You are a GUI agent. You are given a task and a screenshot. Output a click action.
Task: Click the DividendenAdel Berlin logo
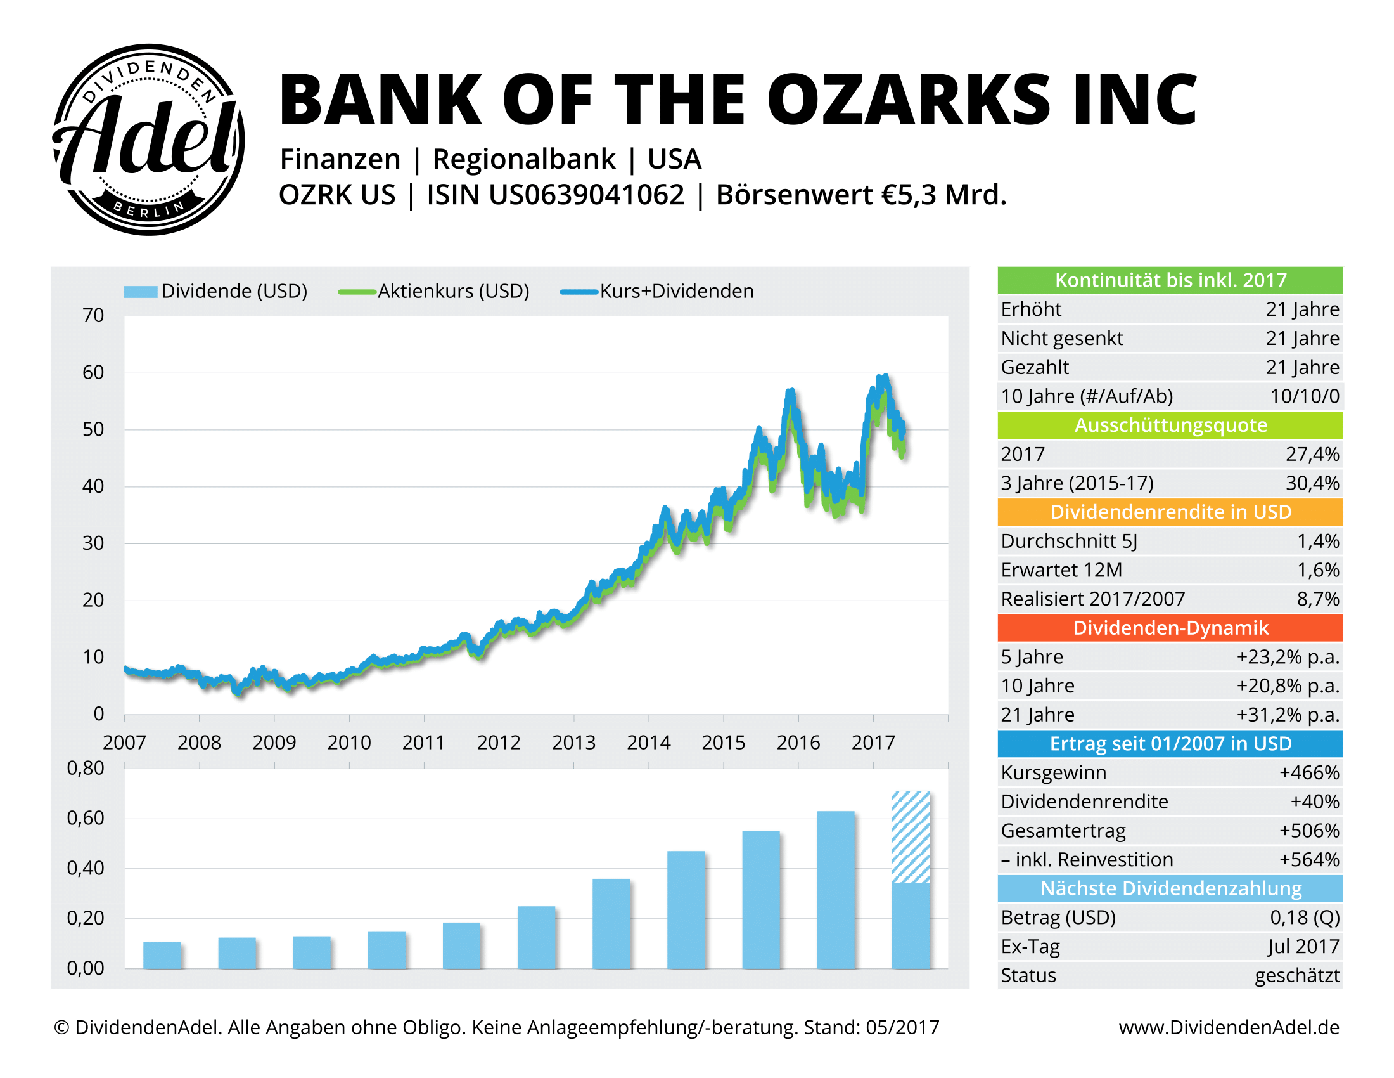point(148,140)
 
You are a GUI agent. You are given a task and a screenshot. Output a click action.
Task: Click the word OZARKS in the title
point(907,100)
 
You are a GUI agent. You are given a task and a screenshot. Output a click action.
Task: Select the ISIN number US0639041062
point(587,195)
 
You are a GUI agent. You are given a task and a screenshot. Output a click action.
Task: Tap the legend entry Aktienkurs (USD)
point(453,291)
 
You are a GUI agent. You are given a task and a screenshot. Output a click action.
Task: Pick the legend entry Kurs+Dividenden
point(676,291)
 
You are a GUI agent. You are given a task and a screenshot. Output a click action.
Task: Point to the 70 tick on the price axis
point(93,316)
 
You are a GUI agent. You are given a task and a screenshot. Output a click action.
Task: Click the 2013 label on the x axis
point(573,742)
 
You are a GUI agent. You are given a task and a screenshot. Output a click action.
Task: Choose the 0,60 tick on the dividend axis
point(86,818)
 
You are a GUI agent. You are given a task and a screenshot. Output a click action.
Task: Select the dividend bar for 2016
point(836,889)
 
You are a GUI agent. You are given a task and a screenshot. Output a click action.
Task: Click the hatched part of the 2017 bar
point(910,836)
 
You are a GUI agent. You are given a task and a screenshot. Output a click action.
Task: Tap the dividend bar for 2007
point(162,955)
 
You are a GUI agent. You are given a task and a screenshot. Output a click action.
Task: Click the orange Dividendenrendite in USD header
point(1170,512)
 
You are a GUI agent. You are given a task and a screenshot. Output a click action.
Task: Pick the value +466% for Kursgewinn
point(1308,773)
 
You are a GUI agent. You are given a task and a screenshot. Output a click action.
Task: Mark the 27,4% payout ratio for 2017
point(1312,454)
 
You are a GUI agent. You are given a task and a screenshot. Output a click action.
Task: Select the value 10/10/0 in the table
point(1304,396)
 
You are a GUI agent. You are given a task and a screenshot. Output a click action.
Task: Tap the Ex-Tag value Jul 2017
point(1303,947)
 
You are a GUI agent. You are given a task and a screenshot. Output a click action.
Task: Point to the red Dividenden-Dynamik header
point(1170,628)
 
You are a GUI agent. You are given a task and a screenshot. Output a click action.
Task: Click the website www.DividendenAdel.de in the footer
point(1229,1027)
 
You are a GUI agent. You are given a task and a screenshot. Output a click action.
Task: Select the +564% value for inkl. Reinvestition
point(1308,860)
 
